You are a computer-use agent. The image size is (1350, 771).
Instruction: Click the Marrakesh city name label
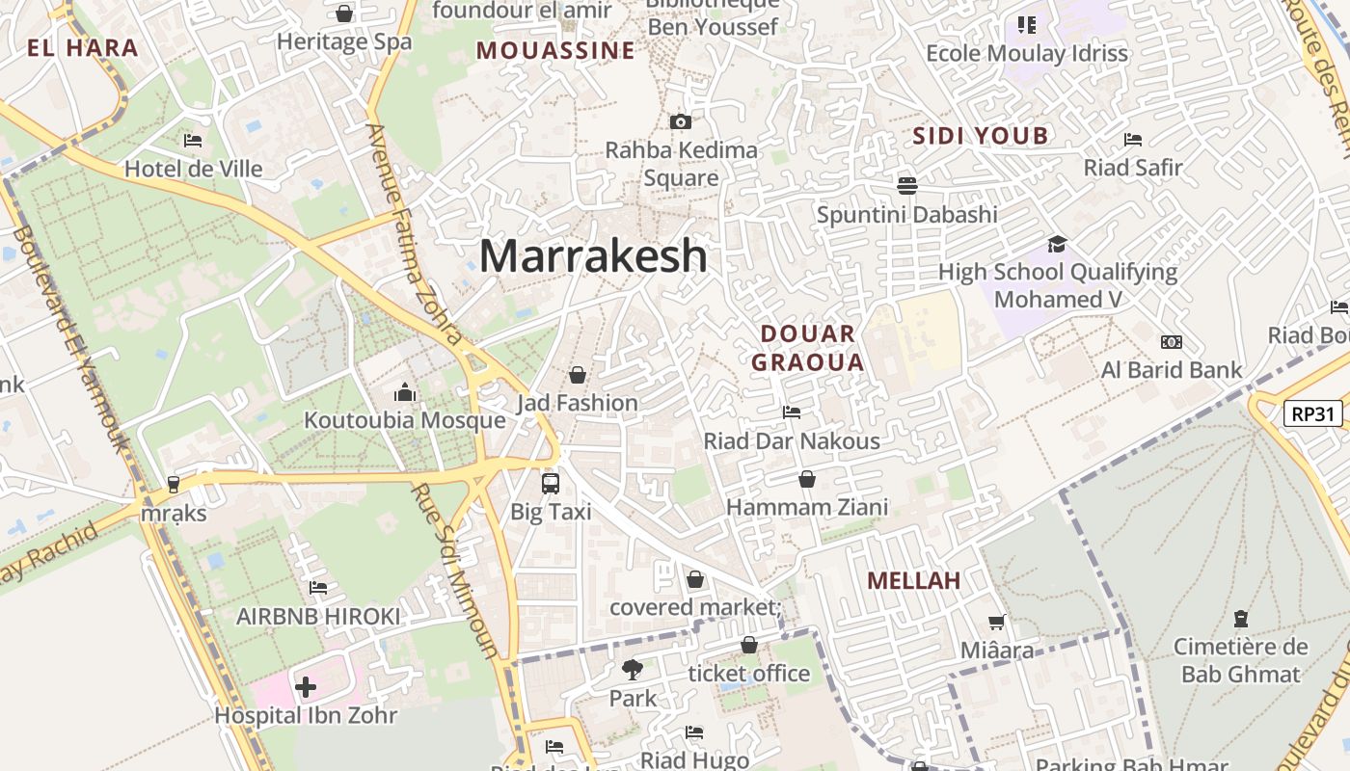coord(593,255)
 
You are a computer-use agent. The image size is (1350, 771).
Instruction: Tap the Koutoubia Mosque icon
coord(405,393)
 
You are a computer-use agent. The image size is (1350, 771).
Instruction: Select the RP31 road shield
coord(1313,414)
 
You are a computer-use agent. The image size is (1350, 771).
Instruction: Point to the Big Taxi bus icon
coord(551,484)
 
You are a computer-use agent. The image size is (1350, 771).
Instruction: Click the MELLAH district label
coord(913,580)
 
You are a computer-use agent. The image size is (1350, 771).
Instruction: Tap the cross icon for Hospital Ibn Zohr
coord(306,687)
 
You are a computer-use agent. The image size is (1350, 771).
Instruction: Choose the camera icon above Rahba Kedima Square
coord(681,121)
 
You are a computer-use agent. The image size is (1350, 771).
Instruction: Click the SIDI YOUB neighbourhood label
coord(980,136)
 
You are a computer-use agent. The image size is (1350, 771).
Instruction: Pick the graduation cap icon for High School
coord(1058,244)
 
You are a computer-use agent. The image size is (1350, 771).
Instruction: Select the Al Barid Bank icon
coord(1172,342)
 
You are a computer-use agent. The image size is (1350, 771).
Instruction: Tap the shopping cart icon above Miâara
coord(997,623)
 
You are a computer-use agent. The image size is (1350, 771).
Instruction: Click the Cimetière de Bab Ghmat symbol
coord(1241,618)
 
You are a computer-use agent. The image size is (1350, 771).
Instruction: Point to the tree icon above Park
coord(633,669)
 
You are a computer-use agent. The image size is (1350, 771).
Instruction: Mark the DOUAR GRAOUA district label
coord(807,348)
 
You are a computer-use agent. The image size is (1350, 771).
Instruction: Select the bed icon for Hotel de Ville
coord(193,141)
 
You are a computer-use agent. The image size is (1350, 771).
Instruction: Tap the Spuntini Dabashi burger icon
coord(906,185)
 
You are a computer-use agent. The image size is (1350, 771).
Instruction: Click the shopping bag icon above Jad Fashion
coord(578,374)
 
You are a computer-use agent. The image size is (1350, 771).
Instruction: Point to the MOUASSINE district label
coord(555,50)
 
